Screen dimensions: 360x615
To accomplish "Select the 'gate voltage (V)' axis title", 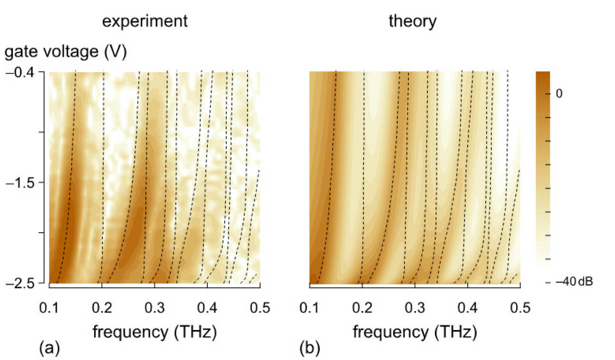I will [x=66, y=53].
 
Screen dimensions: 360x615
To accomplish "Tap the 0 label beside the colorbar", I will [x=560, y=94].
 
